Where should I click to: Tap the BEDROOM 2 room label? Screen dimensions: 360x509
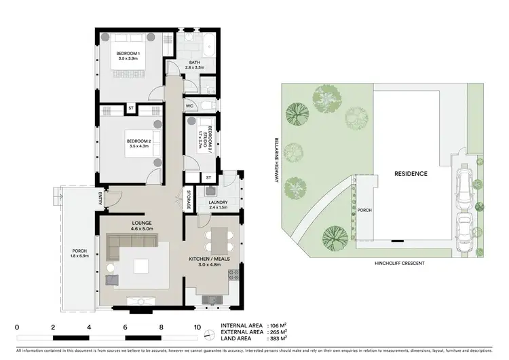[128, 141]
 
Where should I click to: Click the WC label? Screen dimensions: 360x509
[190, 106]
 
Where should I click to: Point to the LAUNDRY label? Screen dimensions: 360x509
[219, 202]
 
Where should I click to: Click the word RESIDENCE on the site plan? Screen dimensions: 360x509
[411, 174]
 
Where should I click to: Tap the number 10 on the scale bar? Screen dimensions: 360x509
[197, 327]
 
